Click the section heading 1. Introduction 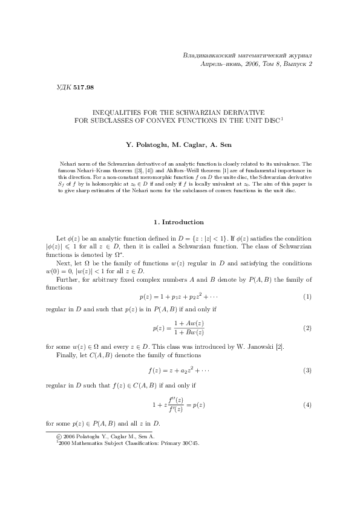180,222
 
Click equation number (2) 307,328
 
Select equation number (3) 307,369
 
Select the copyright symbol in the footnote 59,435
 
